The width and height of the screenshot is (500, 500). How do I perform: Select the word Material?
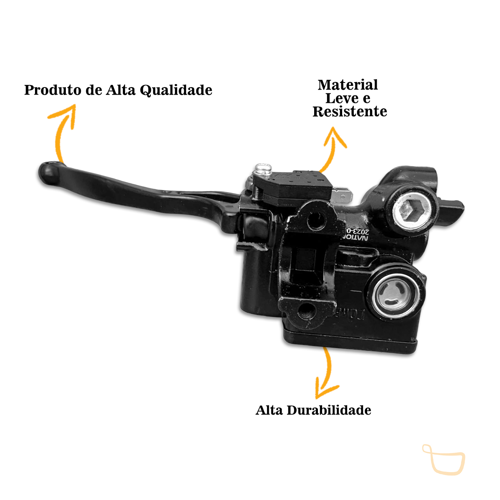(348, 85)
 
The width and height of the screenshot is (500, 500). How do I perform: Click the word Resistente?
(350, 112)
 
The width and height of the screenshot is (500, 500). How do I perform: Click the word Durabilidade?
(329, 410)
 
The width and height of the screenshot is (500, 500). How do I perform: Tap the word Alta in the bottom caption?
(270, 410)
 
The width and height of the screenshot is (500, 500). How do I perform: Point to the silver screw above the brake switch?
(264, 168)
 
